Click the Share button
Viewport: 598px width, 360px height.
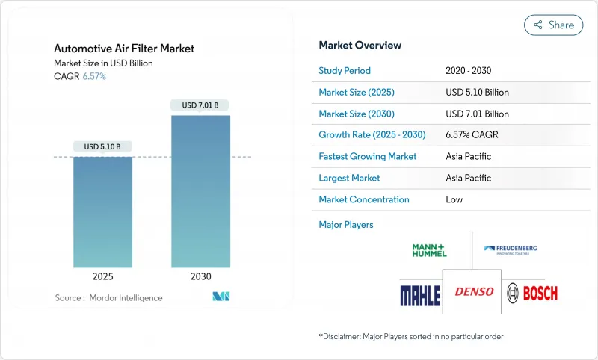coord(553,25)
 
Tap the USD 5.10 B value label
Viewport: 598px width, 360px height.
coord(102,146)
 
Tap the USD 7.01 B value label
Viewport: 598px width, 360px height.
coord(200,105)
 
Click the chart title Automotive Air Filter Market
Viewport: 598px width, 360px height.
coord(124,49)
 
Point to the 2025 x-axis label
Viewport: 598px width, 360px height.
coord(102,276)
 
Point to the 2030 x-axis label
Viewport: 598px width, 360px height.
coord(200,276)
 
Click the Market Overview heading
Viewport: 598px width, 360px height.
coord(360,46)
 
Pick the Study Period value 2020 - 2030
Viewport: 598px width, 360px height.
coord(468,71)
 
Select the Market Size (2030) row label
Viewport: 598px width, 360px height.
coord(357,114)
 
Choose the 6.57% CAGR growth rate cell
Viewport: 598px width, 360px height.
coord(472,135)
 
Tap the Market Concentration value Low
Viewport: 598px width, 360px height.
coord(454,199)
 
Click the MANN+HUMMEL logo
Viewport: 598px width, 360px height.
coord(429,250)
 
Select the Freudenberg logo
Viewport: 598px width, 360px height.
coord(511,250)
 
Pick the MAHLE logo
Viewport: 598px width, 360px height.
coord(419,292)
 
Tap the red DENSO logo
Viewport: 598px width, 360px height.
coord(475,291)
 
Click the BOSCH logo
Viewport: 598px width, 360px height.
coord(531,292)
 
